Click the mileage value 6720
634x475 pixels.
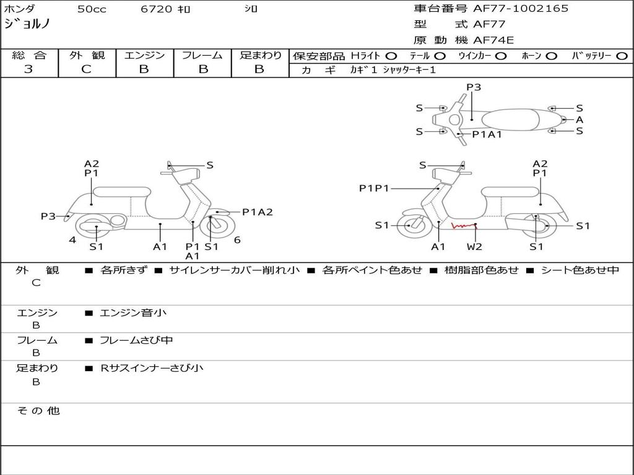[x=155, y=9]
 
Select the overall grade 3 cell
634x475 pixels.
[x=28, y=69]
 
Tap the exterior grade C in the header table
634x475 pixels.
[x=86, y=69]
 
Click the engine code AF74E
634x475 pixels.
[x=493, y=41]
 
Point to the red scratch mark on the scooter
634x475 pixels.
[x=462, y=226]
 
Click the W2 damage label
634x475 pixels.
[x=475, y=247]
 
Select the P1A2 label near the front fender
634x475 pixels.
[x=257, y=212]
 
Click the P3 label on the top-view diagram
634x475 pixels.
[x=474, y=87]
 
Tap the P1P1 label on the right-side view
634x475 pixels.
[x=374, y=188]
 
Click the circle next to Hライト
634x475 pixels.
[x=391, y=56]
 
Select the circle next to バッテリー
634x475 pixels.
[x=622, y=56]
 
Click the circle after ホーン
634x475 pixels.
[x=551, y=56]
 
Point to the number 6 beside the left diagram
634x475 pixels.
[x=237, y=240]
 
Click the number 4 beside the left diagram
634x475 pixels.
[x=72, y=240]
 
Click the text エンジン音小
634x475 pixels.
[x=133, y=313]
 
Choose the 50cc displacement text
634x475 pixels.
[x=92, y=9]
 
